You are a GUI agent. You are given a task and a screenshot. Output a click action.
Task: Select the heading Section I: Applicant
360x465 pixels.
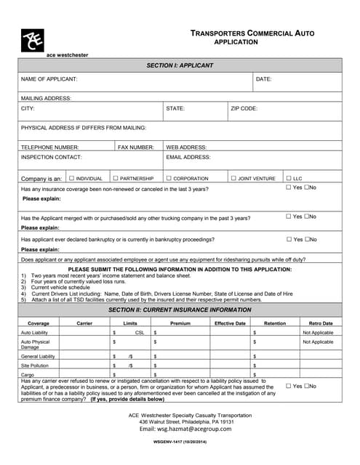180,65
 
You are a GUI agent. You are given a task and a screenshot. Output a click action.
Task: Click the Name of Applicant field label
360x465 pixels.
49,78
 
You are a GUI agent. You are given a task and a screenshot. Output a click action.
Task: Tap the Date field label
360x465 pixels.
263,78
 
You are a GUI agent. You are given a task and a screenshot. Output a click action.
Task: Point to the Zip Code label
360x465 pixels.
244,108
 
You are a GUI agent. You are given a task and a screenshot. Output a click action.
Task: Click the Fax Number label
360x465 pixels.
136,147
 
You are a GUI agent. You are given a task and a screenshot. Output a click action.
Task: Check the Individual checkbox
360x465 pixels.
71,178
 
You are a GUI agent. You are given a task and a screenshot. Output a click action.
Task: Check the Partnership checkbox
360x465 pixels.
115,178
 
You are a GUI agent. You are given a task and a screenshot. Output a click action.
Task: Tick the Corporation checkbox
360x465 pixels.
169,178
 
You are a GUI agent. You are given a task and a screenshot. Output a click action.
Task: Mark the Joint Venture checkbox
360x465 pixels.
233,178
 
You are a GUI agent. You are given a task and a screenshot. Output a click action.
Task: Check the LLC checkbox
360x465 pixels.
289,178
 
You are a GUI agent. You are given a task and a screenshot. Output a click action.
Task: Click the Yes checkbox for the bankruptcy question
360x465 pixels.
289,239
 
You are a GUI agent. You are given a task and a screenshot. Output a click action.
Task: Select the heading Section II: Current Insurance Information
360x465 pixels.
180,310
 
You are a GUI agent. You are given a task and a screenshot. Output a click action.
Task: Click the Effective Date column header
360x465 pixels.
230,323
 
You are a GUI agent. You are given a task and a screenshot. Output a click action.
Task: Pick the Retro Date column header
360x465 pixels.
321,323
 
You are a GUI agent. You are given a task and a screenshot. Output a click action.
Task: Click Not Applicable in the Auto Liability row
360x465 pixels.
318,332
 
